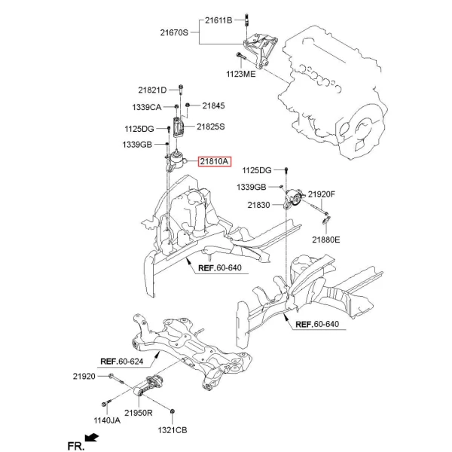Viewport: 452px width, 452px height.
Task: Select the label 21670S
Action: (176, 32)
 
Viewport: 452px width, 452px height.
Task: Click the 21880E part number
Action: (326, 240)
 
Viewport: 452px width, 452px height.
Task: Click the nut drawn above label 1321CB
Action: (173, 411)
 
